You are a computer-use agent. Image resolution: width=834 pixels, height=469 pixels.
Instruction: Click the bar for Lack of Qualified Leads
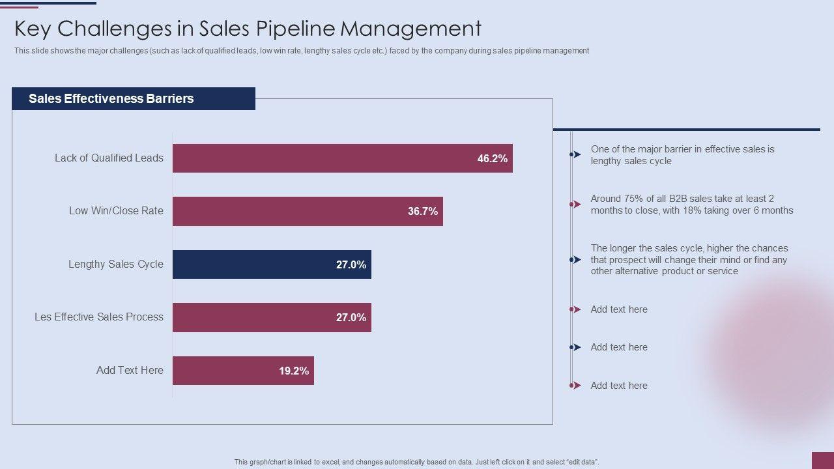point(342,158)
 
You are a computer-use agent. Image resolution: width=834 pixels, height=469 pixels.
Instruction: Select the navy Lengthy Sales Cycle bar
point(272,264)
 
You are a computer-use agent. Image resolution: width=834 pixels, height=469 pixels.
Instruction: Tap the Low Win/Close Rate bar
point(308,211)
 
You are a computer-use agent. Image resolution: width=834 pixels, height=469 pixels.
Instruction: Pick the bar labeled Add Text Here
point(243,371)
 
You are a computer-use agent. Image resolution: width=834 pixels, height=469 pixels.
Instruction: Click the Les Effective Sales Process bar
point(272,317)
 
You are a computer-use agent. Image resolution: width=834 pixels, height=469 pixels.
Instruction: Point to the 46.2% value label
point(492,158)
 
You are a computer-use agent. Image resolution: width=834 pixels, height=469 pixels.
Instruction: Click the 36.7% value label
point(423,211)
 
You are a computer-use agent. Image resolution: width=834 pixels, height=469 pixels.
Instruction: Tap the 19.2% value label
point(294,371)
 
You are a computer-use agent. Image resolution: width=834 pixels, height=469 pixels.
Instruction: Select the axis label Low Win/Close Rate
point(116,211)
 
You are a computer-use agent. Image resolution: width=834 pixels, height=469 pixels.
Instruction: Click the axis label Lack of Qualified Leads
point(109,158)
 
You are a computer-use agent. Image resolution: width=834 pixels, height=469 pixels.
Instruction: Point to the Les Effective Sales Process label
point(99,317)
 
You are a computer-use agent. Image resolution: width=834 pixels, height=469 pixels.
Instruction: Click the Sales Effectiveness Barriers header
point(111,99)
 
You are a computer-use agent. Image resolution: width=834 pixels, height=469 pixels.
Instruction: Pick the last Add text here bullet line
point(619,386)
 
